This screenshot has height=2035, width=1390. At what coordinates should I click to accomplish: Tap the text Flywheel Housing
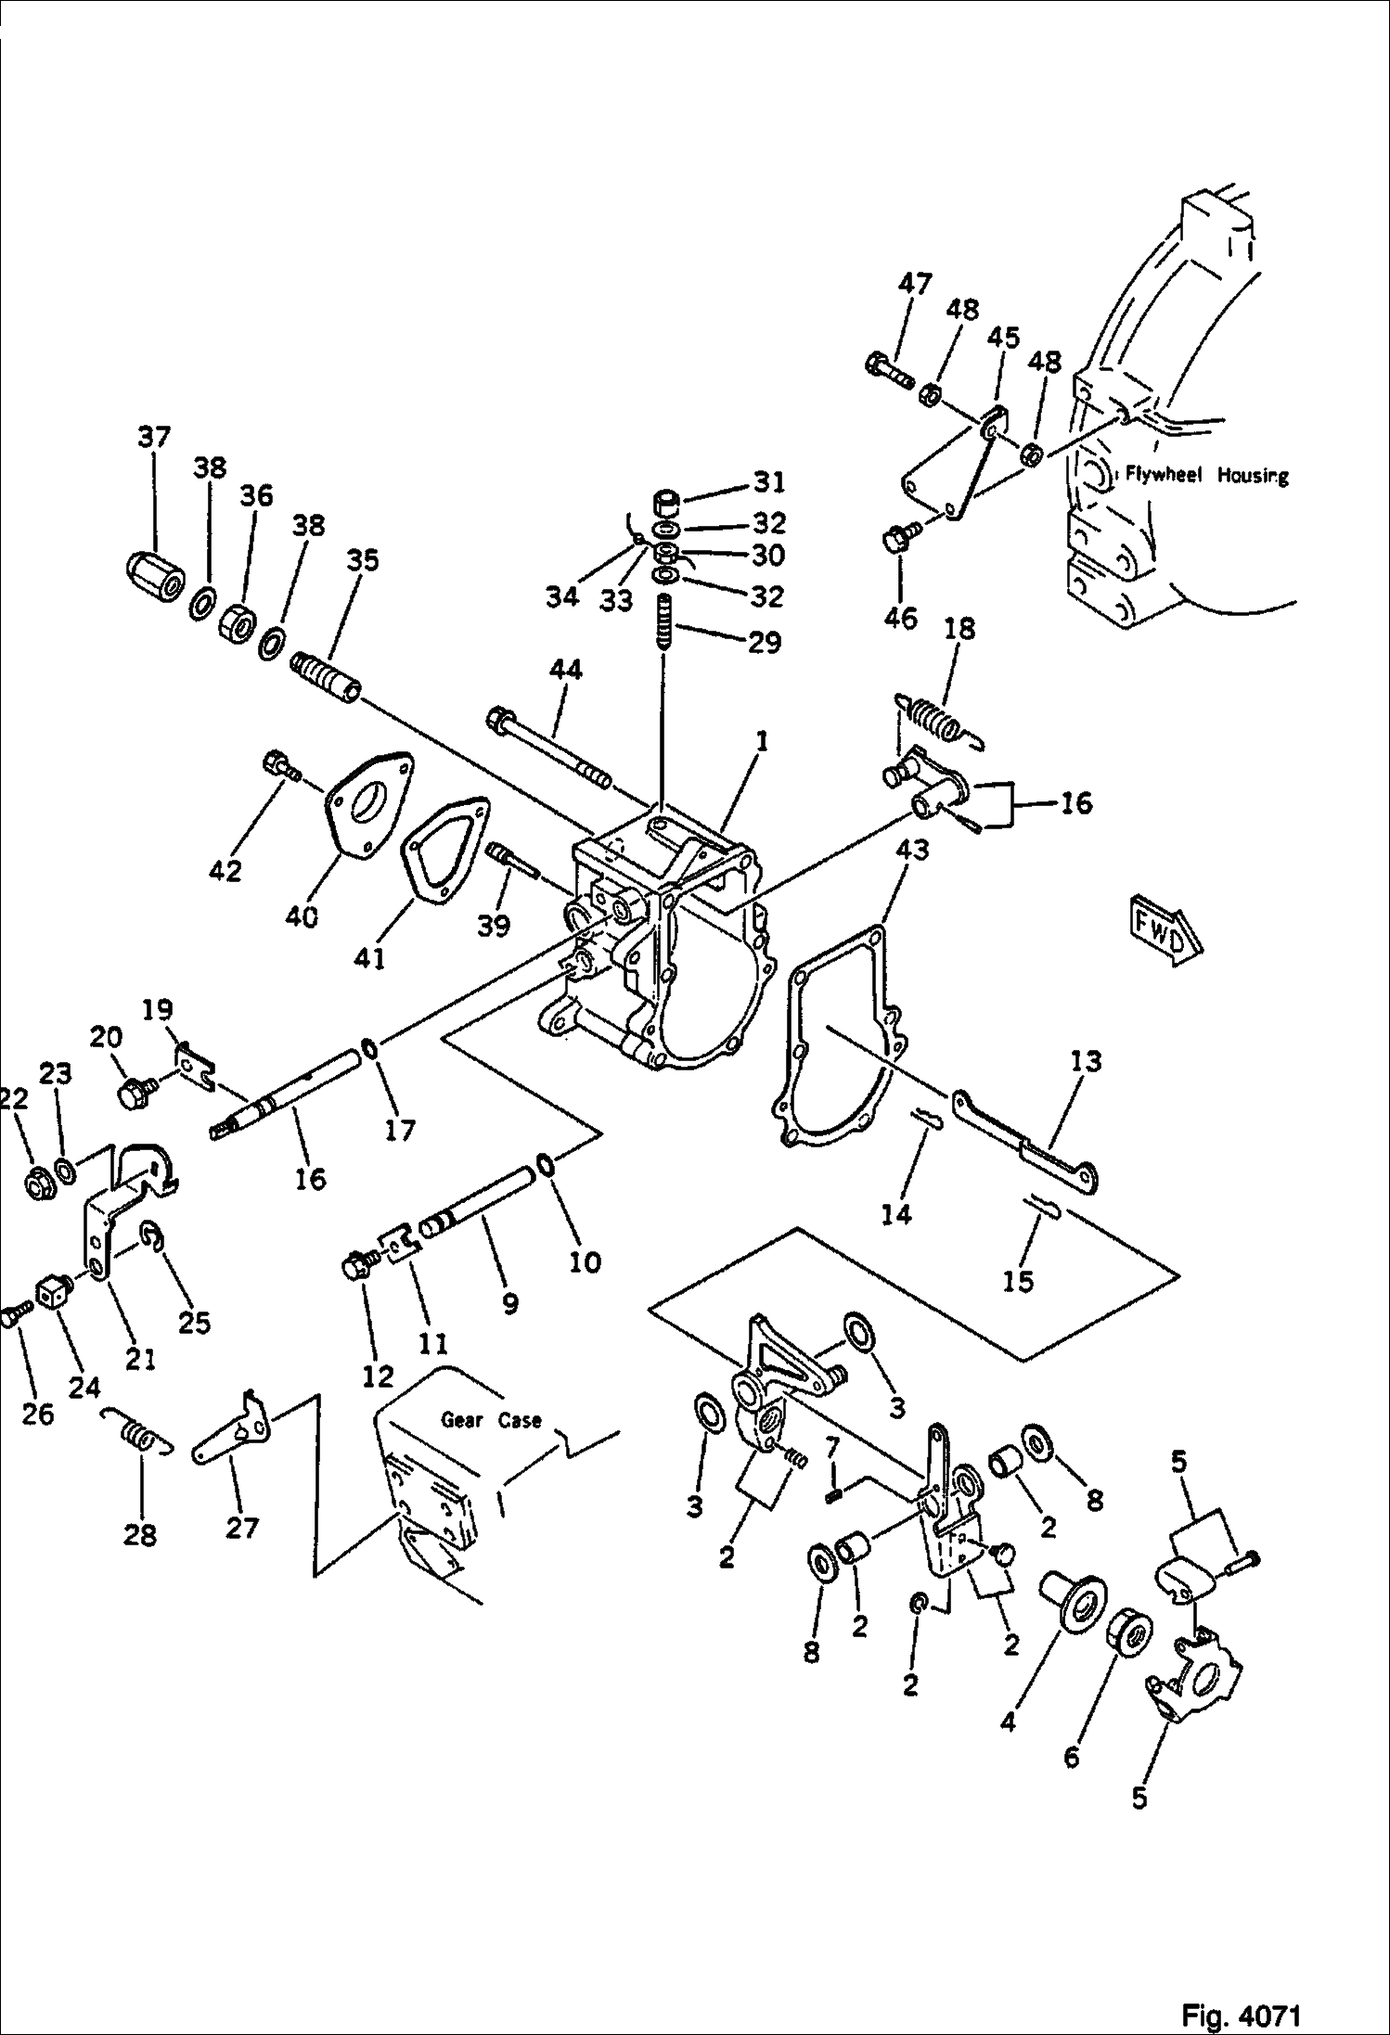click(x=1207, y=476)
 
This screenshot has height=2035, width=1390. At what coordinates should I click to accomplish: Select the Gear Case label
click(x=491, y=1420)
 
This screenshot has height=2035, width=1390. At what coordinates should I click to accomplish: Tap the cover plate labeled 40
click(x=367, y=806)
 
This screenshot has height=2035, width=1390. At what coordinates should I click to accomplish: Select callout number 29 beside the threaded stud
click(x=765, y=642)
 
